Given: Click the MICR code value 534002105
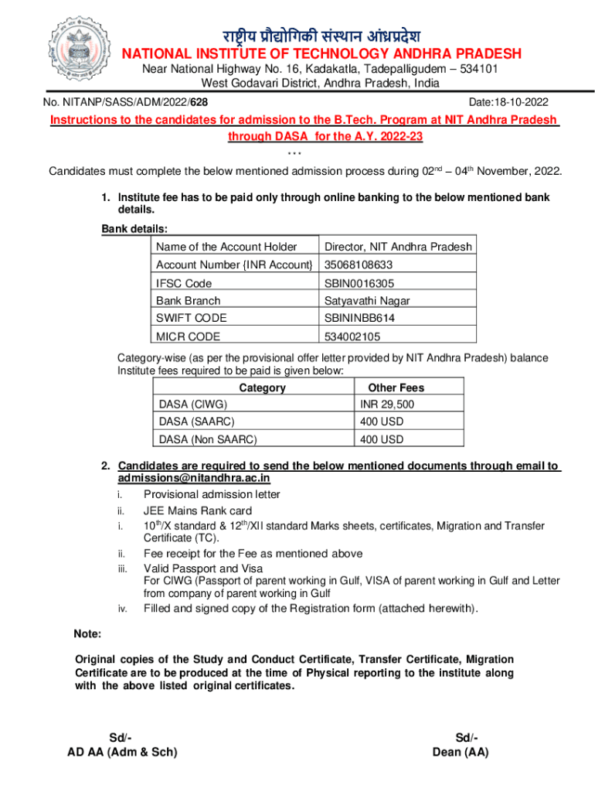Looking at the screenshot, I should [x=352, y=337].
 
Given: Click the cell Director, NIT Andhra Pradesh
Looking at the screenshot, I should [x=398, y=247].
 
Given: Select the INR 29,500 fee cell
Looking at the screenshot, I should [x=386, y=405].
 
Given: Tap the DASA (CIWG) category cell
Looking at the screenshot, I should [x=193, y=405].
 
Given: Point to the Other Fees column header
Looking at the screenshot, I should [x=396, y=387].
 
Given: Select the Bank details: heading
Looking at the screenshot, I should [x=134, y=229].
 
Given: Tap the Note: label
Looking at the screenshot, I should [x=87, y=634].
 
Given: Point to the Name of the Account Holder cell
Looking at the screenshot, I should [x=226, y=247].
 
